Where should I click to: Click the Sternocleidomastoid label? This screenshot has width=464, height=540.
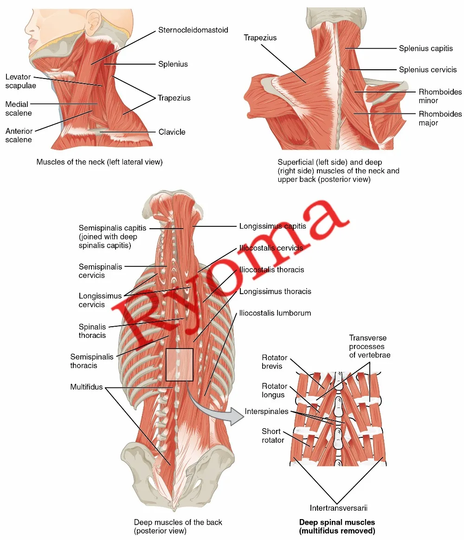tap(193, 30)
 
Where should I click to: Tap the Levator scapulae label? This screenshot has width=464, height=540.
tap(18, 81)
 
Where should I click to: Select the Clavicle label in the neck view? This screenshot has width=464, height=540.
tap(172, 132)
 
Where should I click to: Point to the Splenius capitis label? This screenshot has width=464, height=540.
tap(426, 48)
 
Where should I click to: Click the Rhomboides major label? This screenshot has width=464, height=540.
tap(440, 118)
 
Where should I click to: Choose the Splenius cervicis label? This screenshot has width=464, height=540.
tap(428, 70)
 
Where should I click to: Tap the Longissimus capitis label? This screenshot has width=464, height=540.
tap(272, 226)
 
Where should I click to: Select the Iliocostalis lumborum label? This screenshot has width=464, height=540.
tap(275, 313)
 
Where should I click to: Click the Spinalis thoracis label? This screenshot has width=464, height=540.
tap(92, 331)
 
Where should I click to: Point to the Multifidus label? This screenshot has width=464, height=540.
tap(86, 387)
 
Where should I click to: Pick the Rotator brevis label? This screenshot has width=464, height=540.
tap(275, 362)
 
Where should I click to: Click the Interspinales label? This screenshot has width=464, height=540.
tap(266, 412)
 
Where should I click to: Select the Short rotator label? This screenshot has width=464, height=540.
tap(273, 436)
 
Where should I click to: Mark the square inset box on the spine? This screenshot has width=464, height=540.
tap(179, 365)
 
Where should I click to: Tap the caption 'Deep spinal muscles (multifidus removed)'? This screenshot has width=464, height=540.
tap(337, 527)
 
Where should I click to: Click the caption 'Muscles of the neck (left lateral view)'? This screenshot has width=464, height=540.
tap(99, 162)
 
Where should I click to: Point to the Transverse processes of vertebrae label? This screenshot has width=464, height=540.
tap(370, 346)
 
